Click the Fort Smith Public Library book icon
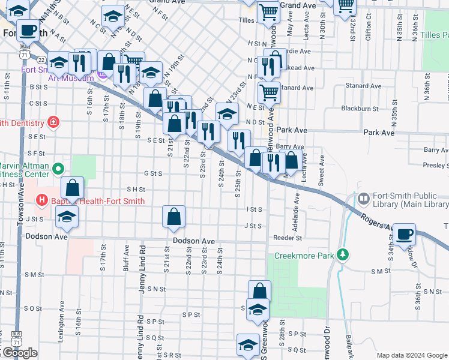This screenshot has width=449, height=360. (x=363, y=198)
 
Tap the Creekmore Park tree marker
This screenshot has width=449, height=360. (x=343, y=255)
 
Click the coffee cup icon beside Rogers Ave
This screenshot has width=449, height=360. (x=405, y=234)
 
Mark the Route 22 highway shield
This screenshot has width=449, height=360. (x=41, y=60)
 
